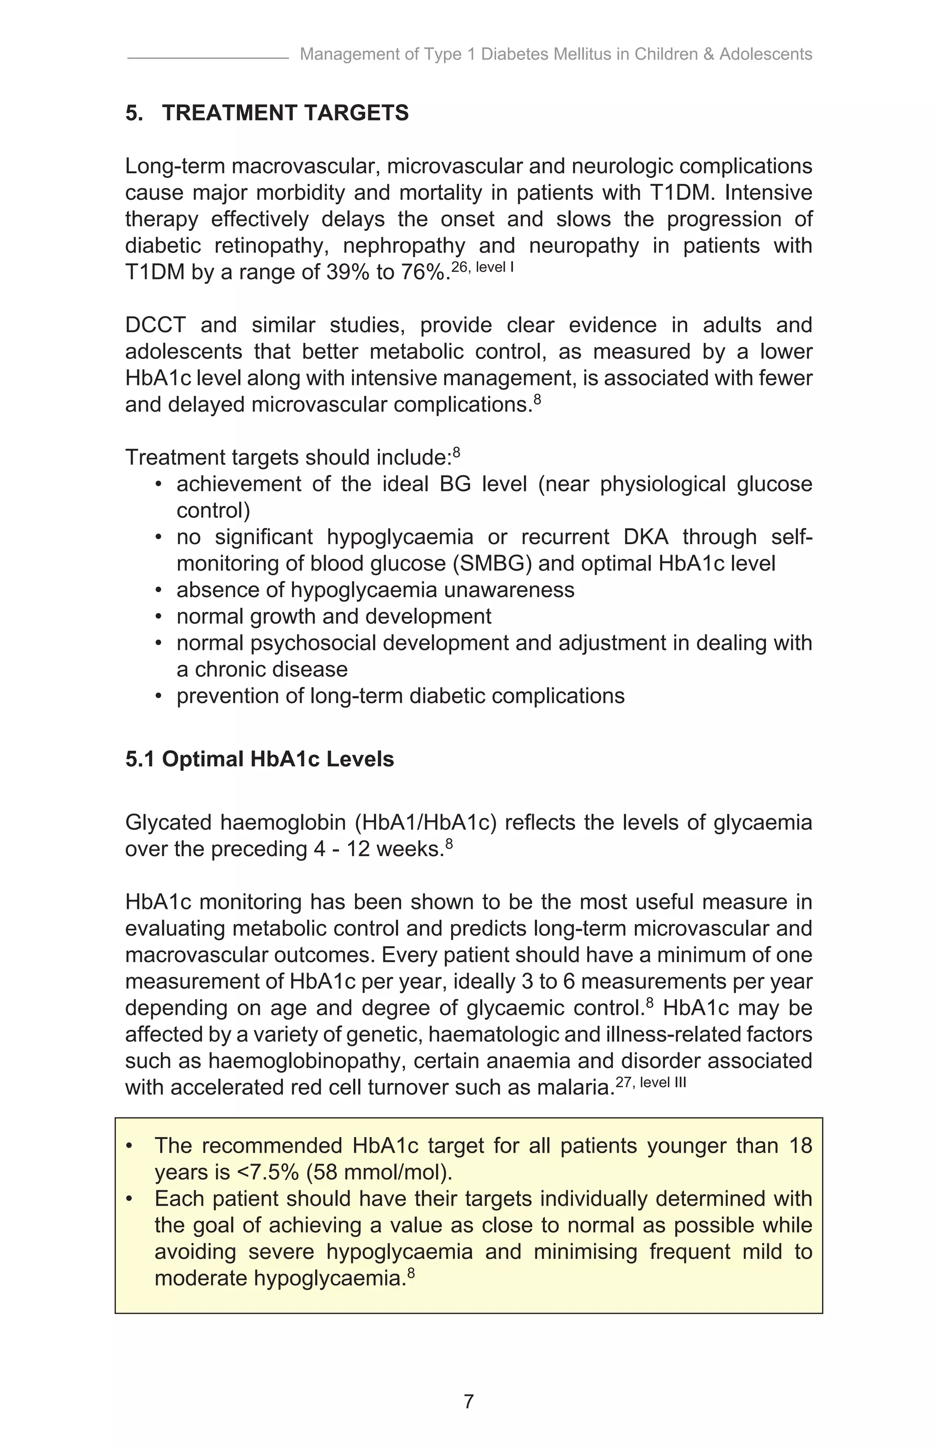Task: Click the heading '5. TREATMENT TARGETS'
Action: point(267,113)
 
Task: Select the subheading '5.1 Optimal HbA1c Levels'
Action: point(260,759)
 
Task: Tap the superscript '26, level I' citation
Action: point(483,267)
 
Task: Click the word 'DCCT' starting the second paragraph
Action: point(155,325)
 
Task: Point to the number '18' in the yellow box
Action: point(800,1145)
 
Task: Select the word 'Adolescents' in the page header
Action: point(766,54)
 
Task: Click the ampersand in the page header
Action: point(709,54)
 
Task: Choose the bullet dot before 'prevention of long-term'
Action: point(158,696)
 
